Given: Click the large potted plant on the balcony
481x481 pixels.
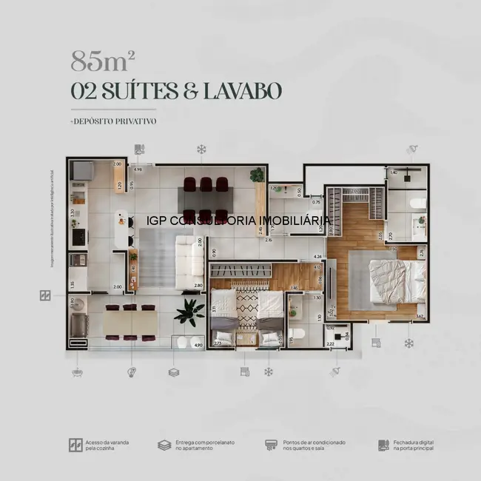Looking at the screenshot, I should point(189,313).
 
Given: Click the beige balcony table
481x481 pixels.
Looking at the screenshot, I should point(130,322).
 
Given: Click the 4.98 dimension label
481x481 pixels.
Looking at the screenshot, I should point(138,169).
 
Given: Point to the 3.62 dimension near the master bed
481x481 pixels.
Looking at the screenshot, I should point(420,317).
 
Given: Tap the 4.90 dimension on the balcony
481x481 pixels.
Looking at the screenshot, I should point(197,345).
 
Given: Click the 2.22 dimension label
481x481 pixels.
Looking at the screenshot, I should point(329,345).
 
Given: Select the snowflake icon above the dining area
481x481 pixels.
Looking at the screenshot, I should point(201,149).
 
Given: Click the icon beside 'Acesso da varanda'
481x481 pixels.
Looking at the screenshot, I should point(75,445).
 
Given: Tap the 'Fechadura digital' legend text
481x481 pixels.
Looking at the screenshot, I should point(414,445).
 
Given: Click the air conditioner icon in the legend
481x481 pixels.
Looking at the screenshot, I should point(271,445).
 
